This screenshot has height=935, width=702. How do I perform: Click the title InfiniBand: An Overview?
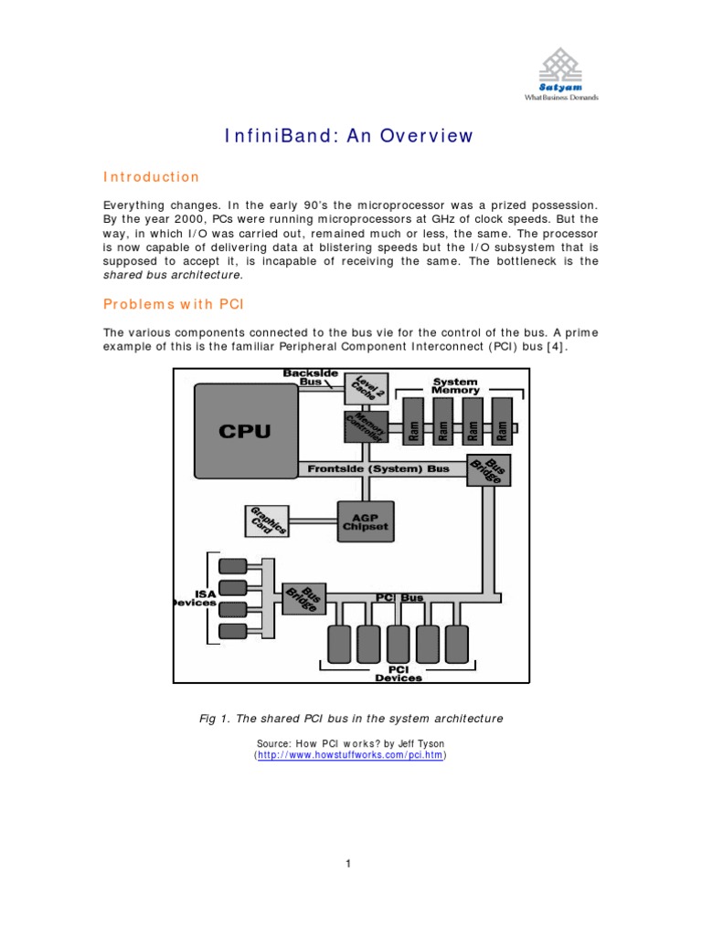[x=350, y=136]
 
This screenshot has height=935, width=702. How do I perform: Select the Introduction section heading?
[x=150, y=177]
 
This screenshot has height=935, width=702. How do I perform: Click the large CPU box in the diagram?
[x=245, y=430]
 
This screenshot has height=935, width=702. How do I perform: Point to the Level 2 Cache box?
[x=366, y=387]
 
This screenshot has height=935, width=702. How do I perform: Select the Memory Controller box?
[x=366, y=426]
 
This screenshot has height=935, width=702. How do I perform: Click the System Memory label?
[x=455, y=385]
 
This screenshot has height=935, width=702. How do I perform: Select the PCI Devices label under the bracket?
[x=399, y=673]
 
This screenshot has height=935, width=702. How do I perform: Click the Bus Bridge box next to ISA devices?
[x=303, y=599]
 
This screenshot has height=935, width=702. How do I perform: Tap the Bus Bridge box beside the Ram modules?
[x=486, y=470]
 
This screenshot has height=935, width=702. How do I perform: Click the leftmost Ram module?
[x=413, y=425]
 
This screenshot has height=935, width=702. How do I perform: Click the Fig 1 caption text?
[x=351, y=719]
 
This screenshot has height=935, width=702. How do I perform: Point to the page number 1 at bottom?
[x=349, y=863]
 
